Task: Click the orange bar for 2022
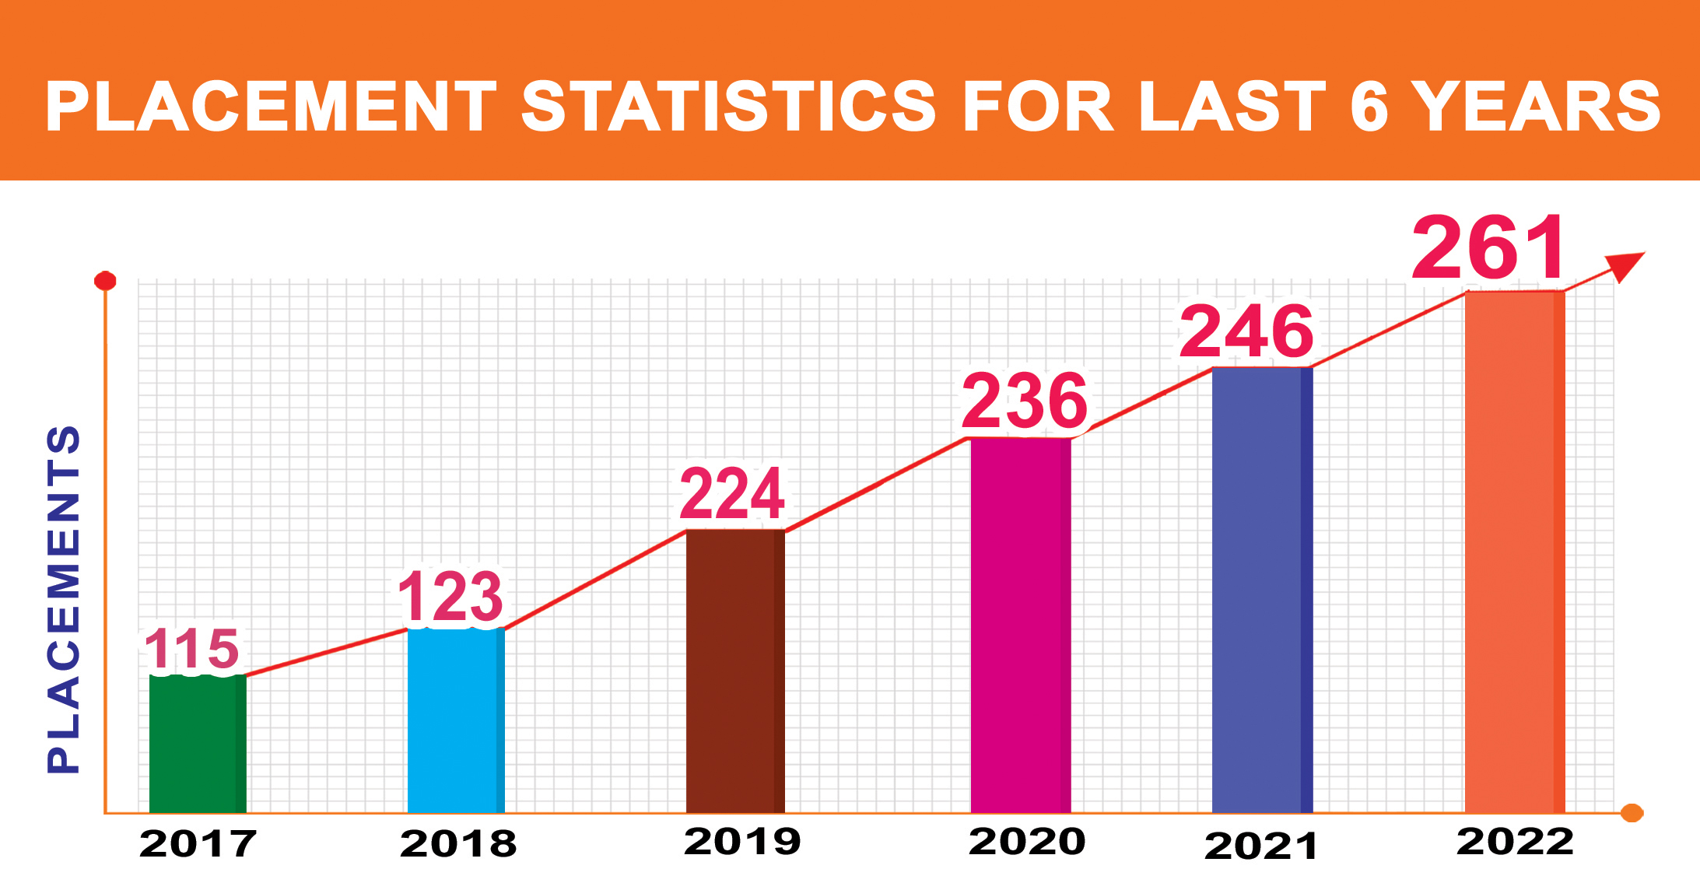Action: [1515, 552]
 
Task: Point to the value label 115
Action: [192, 649]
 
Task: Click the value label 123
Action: [450, 597]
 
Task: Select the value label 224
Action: [732, 494]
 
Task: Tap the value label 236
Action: [1025, 401]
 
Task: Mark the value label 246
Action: [1246, 332]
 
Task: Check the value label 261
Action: [1488, 249]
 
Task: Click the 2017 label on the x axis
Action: [198, 844]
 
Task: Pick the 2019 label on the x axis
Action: [742, 842]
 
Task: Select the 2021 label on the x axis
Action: [1260, 846]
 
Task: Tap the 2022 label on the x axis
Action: [1515, 842]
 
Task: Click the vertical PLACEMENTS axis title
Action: [64, 599]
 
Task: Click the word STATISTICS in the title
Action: [728, 107]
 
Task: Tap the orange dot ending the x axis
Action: [1632, 813]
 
